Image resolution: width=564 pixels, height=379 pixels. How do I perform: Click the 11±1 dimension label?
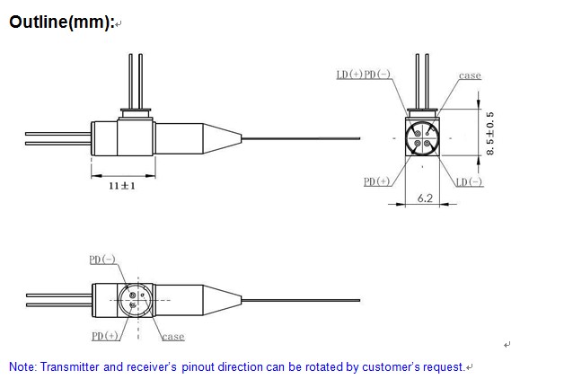click(122, 186)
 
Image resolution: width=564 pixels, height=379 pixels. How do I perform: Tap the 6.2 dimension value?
click(425, 198)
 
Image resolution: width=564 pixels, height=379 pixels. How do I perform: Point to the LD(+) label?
click(349, 75)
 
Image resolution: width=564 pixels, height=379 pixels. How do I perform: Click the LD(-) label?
click(469, 182)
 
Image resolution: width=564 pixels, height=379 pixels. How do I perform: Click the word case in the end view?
click(470, 75)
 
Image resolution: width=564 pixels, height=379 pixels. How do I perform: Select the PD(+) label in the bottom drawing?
click(105, 336)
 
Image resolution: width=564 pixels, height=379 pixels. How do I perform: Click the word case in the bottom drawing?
click(173, 337)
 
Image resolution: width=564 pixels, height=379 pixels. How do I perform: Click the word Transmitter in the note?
click(76, 366)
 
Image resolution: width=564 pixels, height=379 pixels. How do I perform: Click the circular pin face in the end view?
click(423, 137)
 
